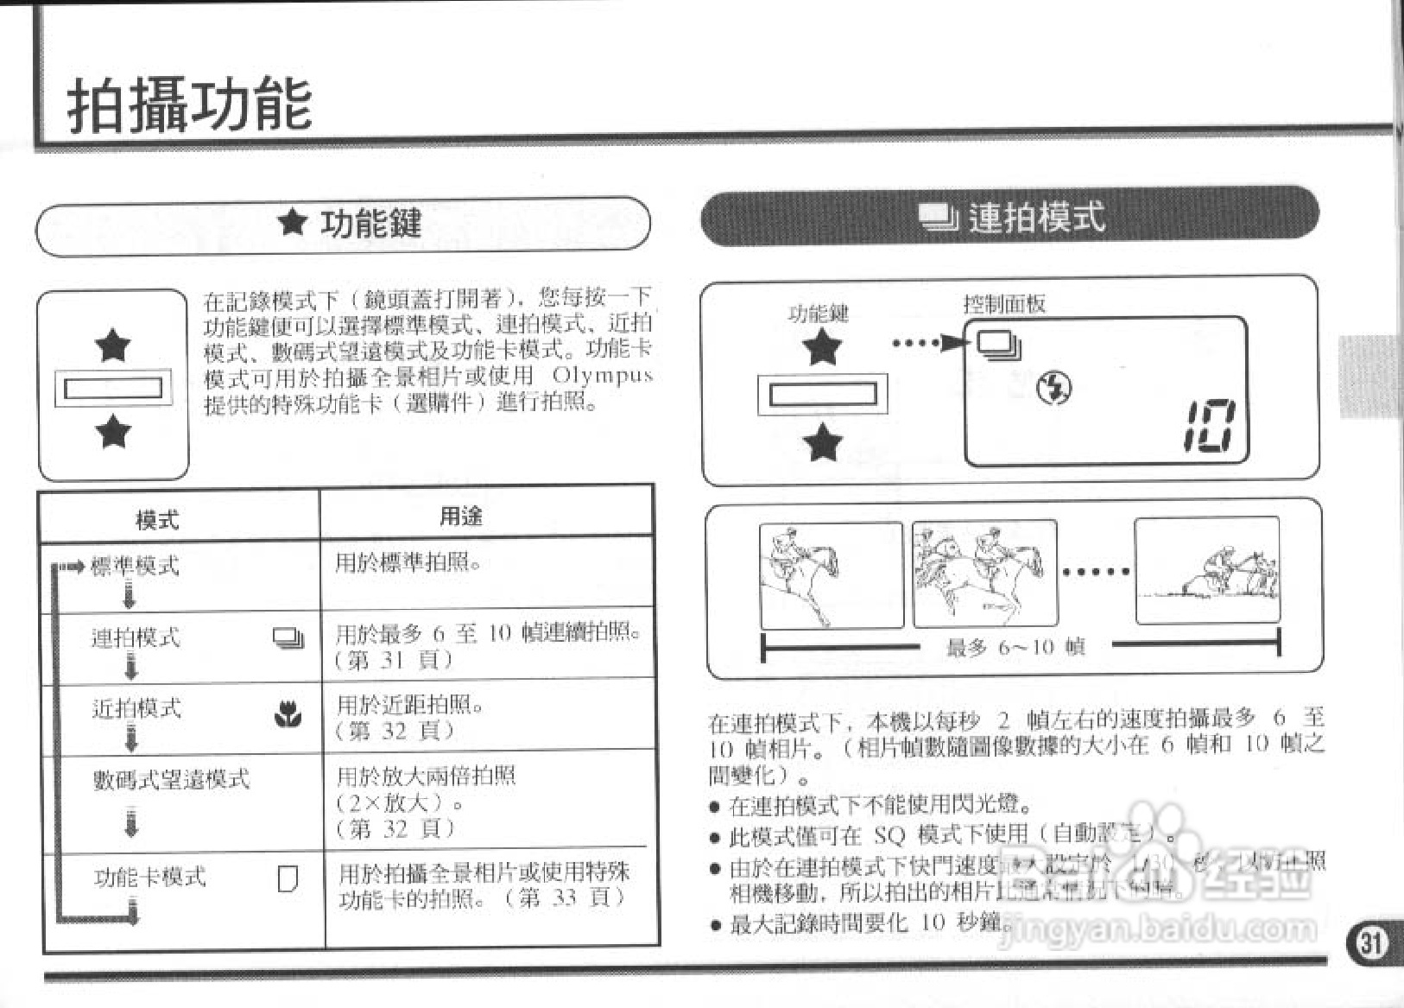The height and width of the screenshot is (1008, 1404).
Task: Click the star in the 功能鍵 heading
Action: click(x=293, y=223)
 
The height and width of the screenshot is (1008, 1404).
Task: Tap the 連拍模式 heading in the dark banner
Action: click(x=1035, y=217)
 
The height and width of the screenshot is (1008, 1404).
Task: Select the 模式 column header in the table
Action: click(x=157, y=519)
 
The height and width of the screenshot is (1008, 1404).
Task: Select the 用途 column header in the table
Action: click(x=460, y=516)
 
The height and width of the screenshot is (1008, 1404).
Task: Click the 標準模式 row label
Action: click(x=135, y=566)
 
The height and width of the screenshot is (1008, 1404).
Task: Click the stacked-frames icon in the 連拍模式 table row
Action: click(x=288, y=638)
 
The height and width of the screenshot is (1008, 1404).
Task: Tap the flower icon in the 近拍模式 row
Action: click(x=288, y=714)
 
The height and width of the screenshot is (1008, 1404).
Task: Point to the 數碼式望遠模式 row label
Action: click(x=171, y=779)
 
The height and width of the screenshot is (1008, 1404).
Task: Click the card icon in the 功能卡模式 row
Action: click(x=288, y=878)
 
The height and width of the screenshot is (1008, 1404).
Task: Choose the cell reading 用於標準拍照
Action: click(x=408, y=563)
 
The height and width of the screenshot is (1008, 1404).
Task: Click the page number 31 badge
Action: click(x=1370, y=941)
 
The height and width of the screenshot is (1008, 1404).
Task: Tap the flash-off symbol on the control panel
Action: click(x=1054, y=389)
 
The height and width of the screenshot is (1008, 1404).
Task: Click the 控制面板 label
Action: click(x=1004, y=303)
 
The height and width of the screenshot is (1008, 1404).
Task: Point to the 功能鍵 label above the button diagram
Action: click(x=818, y=313)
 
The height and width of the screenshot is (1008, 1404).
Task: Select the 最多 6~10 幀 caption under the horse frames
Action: click(x=1015, y=647)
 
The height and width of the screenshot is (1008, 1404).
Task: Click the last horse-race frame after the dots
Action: click(x=1206, y=570)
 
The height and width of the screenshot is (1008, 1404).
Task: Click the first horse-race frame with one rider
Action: click(x=831, y=574)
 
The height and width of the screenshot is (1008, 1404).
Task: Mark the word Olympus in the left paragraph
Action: click(x=601, y=376)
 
